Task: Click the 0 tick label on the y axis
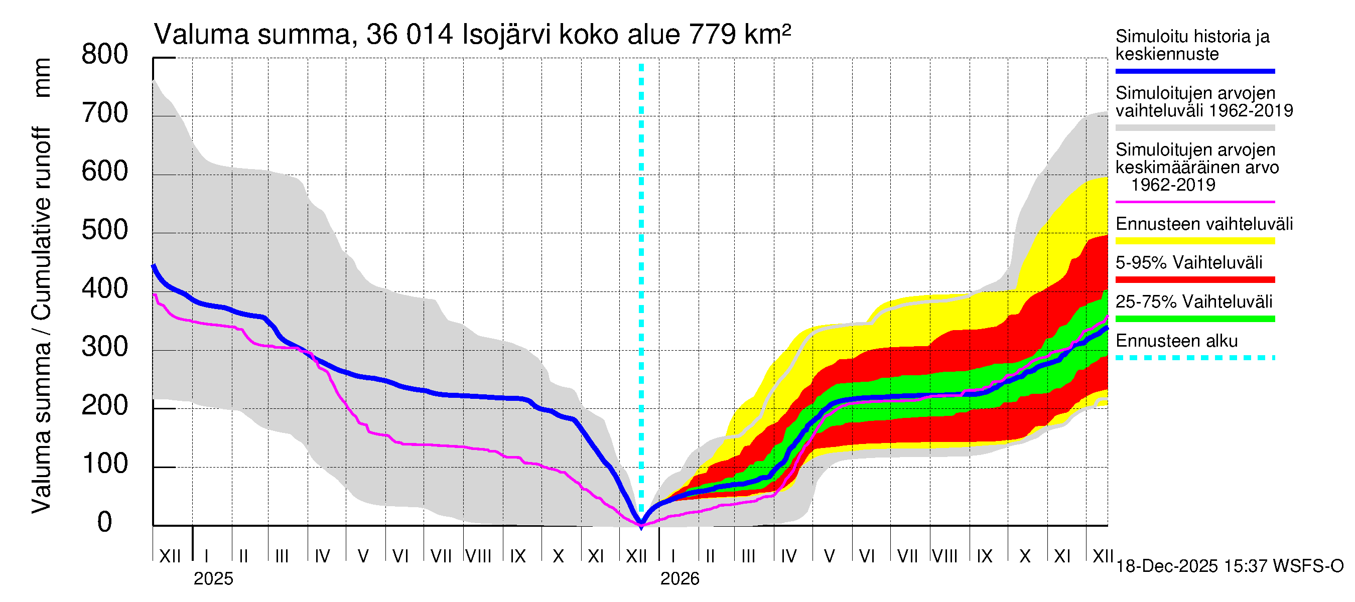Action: point(105,522)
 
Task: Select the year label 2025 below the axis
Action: point(213,579)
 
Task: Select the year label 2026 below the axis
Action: point(680,579)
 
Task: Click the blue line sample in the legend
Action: point(1194,71)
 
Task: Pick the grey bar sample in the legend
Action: point(1194,128)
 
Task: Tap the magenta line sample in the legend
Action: point(1194,202)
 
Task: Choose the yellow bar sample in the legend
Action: point(1194,241)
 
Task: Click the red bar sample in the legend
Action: point(1194,280)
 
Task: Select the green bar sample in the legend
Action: point(1194,319)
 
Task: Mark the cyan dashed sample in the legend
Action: point(1194,358)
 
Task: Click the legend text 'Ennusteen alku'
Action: point(1176,341)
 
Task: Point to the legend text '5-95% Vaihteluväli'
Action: point(1189,262)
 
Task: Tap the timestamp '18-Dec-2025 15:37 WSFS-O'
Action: point(1229,566)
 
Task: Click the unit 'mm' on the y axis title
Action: point(42,78)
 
